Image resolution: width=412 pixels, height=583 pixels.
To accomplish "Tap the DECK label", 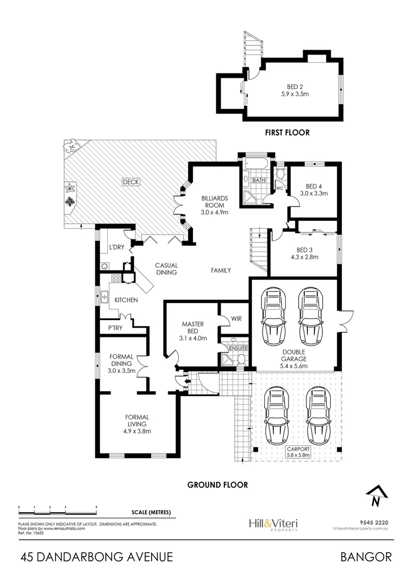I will tap(131, 182).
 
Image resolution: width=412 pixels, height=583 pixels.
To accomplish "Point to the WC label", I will tap(280, 188).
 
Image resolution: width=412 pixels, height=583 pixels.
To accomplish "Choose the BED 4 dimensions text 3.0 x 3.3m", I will tap(314, 193).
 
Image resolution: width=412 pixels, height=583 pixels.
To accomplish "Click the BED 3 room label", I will tap(304, 250).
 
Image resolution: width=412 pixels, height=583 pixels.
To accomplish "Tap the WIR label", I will tap(236, 319).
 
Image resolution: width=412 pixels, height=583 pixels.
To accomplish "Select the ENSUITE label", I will tap(237, 348).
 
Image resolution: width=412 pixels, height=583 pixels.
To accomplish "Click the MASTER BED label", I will tap(191, 328).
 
